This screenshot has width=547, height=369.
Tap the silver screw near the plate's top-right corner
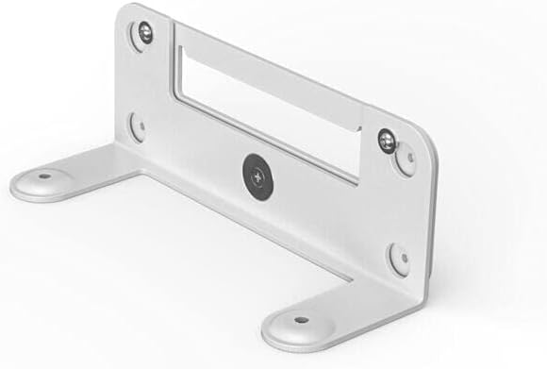pyautogui.click(x=386, y=141)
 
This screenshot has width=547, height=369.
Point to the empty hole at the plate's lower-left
pyautogui.click(x=139, y=126)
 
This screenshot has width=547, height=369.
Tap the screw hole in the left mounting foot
pyautogui.click(x=42, y=176)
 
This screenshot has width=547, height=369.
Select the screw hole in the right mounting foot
pyautogui.click(x=300, y=319)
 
